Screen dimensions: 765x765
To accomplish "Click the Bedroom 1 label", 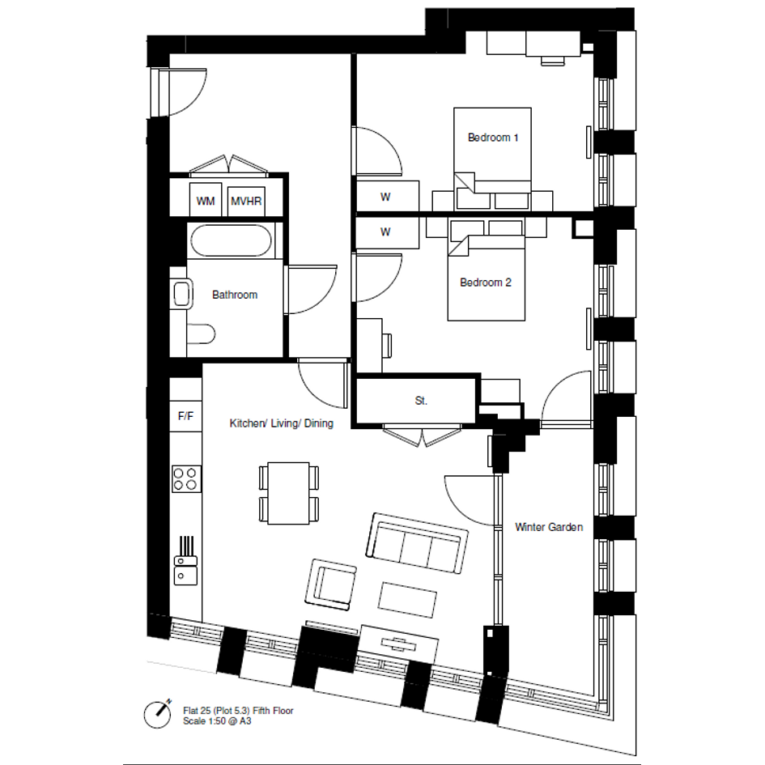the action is click(x=493, y=138).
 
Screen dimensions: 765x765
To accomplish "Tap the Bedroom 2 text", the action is click(x=486, y=283).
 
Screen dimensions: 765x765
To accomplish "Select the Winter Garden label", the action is click(x=549, y=527).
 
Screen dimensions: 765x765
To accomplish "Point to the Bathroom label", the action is click(x=235, y=295).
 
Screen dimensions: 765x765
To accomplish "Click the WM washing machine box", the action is click(x=206, y=199).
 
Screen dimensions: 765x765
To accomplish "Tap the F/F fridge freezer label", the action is click(x=185, y=416).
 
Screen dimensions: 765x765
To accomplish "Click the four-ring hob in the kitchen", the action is click(x=186, y=478).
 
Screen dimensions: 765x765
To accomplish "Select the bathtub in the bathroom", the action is click(x=231, y=240).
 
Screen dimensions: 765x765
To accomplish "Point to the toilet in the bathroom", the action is click(x=201, y=334).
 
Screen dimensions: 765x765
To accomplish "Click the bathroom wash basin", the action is click(x=181, y=294).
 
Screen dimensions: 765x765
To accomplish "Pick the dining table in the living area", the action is click(x=288, y=493).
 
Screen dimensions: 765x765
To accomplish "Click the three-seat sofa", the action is click(x=417, y=543).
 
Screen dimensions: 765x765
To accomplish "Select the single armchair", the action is click(x=330, y=584).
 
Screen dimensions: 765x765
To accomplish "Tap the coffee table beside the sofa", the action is click(x=407, y=600).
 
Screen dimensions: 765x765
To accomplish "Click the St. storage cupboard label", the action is click(x=421, y=401).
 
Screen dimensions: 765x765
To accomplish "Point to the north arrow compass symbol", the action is click(x=158, y=715).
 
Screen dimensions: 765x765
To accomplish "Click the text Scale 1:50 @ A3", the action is click(x=217, y=721).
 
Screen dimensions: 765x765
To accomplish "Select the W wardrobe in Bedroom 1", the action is click(x=388, y=196).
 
